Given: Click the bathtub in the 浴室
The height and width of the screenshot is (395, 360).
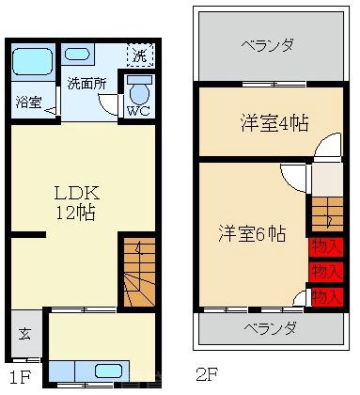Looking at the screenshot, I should [33, 64].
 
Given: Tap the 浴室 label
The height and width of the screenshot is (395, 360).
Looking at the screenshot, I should [28, 103].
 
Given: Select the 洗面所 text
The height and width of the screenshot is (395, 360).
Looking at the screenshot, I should [86, 83].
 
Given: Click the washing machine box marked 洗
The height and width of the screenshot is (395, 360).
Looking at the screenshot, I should [138, 55].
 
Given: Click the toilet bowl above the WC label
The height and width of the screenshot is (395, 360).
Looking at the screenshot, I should [138, 91].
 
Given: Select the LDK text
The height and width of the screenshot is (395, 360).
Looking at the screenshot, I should [75, 192].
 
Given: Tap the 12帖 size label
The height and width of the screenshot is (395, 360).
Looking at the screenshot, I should [75, 213].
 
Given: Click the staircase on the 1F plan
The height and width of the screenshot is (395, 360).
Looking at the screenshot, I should [137, 273].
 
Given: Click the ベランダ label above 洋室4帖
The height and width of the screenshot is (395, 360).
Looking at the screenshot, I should [267, 44].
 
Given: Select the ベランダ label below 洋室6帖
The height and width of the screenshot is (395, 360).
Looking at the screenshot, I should [270, 328].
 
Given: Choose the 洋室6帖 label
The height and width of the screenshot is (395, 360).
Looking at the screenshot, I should [253, 233].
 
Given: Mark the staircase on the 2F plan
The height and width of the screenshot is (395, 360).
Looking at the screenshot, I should [328, 213].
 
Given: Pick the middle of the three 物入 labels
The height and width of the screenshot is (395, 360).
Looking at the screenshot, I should [326, 272].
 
